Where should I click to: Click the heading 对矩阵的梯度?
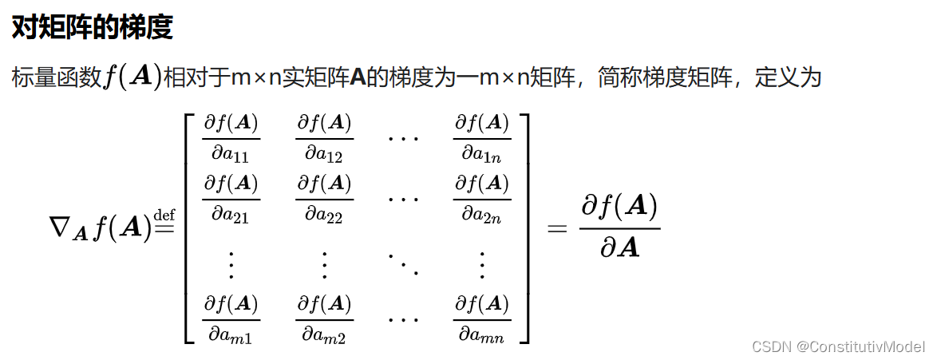click(92, 29)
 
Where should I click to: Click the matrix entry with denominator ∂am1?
click(231, 319)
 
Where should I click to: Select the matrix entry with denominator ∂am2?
click(324, 319)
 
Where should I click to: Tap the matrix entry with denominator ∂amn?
click(481, 319)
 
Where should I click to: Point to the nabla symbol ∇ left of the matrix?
click(62, 228)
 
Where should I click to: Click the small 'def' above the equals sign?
click(164, 213)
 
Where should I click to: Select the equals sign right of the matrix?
click(555, 229)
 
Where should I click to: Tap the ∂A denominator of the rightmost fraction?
click(619, 248)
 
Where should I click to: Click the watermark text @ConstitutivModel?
click(861, 346)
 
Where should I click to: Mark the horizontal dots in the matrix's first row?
click(402, 137)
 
